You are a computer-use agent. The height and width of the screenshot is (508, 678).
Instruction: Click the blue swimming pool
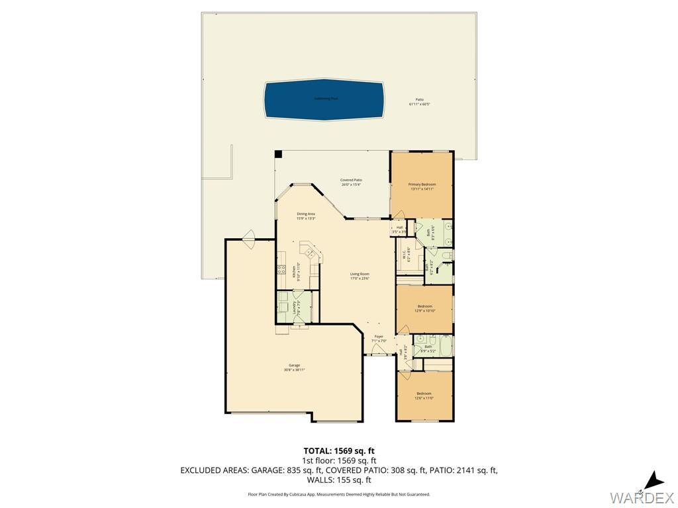click(x=324, y=101)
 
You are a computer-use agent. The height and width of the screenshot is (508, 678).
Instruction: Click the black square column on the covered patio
click(x=279, y=154)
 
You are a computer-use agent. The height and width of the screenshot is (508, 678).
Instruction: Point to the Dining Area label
click(x=306, y=216)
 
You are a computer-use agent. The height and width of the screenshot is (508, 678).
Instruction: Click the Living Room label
click(x=360, y=276)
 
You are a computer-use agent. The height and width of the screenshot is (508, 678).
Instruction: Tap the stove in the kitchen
click(x=281, y=270)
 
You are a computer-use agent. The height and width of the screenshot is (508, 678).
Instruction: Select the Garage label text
click(x=294, y=367)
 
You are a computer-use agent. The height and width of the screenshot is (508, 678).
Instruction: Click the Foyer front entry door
click(x=379, y=355)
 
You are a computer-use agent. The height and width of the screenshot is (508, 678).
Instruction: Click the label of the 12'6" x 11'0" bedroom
click(x=424, y=395)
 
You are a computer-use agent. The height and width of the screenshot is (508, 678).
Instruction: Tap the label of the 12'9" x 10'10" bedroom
click(x=424, y=308)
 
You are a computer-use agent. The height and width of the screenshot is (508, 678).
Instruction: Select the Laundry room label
click(x=295, y=307)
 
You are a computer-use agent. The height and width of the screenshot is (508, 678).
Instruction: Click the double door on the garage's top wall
click(x=250, y=237)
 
